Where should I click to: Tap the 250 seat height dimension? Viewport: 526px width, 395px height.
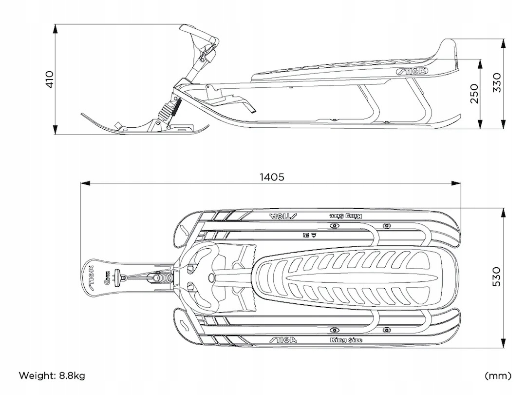pyautogui.click(x=473, y=93)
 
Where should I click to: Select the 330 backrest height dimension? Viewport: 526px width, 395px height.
pyautogui.click(x=496, y=83)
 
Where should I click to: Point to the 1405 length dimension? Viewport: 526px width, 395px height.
pyautogui.click(x=271, y=177)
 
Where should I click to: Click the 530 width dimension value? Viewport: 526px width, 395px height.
pyautogui.click(x=496, y=276)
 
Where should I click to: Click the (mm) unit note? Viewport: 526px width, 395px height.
pyautogui.click(x=498, y=375)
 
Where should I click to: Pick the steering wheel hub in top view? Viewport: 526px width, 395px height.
pyautogui.click(x=212, y=277)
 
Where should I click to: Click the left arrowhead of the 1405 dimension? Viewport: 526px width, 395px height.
pyautogui.click(x=83, y=184)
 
